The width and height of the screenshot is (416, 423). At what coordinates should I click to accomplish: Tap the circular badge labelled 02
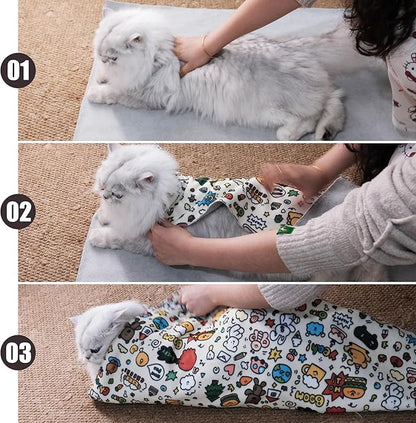pyautogui.click(x=18, y=212)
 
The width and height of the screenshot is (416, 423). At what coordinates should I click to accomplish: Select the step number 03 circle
pyautogui.click(x=18, y=353)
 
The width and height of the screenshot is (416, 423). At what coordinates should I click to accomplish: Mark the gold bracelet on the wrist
pyautogui.click(x=207, y=47)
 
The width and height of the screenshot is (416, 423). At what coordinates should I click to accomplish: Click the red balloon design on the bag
pyautogui.click(x=187, y=359)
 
